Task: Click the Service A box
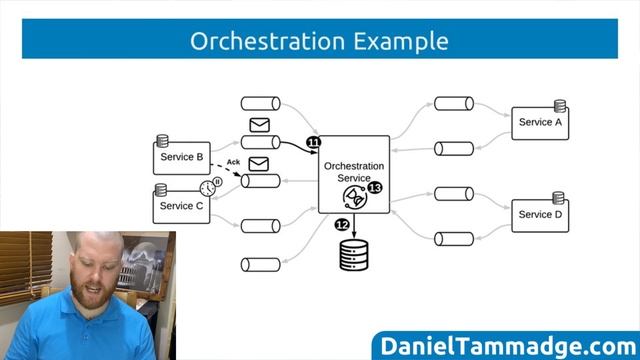pyautogui.click(x=540, y=123)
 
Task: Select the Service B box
pyautogui.click(x=181, y=158)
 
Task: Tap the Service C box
pyautogui.click(x=181, y=206)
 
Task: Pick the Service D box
pyautogui.click(x=540, y=215)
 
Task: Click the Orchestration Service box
pyautogui.click(x=354, y=165)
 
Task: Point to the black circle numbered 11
pyautogui.click(x=314, y=144)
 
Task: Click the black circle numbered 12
pyautogui.click(x=341, y=224)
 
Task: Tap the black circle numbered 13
pyautogui.click(x=375, y=187)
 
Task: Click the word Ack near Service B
pyautogui.click(x=233, y=162)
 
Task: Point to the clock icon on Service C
pyautogui.click(x=207, y=188)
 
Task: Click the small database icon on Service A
pyautogui.click(x=560, y=105)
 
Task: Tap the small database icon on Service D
pyautogui.click(x=560, y=198)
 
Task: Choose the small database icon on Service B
pyautogui.click(x=160, y=140)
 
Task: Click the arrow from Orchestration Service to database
pyautogui.click(x=355, y=225)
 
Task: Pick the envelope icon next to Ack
pyautogui.click(x=259, y=164)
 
